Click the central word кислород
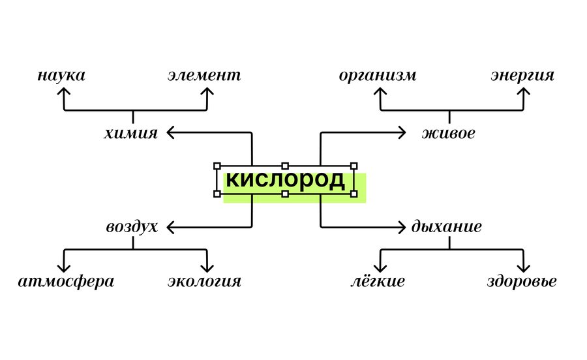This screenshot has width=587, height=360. click(x=285, y=181)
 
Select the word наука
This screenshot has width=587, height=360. click(x=61, y=75)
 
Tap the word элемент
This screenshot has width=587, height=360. click(x=203, y=75)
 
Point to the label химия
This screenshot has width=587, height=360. click(x=130, y=134)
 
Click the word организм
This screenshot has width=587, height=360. click(x=378, y=75)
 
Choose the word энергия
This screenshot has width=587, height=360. click(x=522, y=75)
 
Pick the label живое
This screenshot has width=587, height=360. click(x=448, y=134)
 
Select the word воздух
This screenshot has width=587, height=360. click(x=132, y=227)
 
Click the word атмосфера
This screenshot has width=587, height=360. click(x=66, y=282)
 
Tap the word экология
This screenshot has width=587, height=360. click(x=204, y=282)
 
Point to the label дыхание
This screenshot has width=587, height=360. click(x=447, y=227)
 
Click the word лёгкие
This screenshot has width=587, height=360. click(x=377, y=282)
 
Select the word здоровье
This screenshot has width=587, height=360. click(x=522, y=282)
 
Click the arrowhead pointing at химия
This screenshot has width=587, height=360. click(x=170, y=133)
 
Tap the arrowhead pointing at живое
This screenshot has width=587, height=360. click(x=402, y=133)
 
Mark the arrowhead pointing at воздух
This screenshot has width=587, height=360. click(x=170, y=227)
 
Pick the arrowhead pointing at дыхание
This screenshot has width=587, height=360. click(x=402, y=227)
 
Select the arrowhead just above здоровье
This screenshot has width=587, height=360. click(x=523, y=268)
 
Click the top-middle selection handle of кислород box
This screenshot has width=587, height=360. click(x=285, y=166)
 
